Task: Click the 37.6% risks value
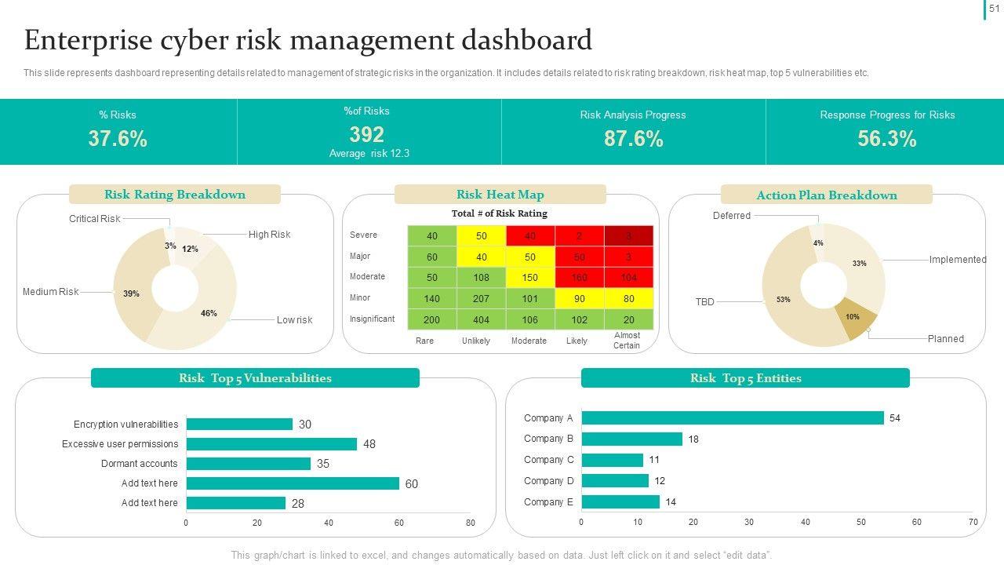point(118,139)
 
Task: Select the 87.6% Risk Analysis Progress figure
point(633,139)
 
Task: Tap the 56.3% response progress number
point(887,139)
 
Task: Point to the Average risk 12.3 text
point(369,154)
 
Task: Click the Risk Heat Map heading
point(500,195)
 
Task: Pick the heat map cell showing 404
point(481,319)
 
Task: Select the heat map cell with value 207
point(481,298)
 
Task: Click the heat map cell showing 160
point(579,277)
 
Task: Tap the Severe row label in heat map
point(363,235)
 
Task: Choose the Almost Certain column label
point(627,341)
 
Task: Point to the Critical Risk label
point(94,219)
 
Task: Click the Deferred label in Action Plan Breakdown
point(731,216)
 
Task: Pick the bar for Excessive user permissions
point(271,444)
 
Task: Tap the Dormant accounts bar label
point(140,464)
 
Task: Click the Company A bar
point(732,418)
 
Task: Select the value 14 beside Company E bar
point(671,502)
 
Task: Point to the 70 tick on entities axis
point(973,523)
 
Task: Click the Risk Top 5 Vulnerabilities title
point(255,378)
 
